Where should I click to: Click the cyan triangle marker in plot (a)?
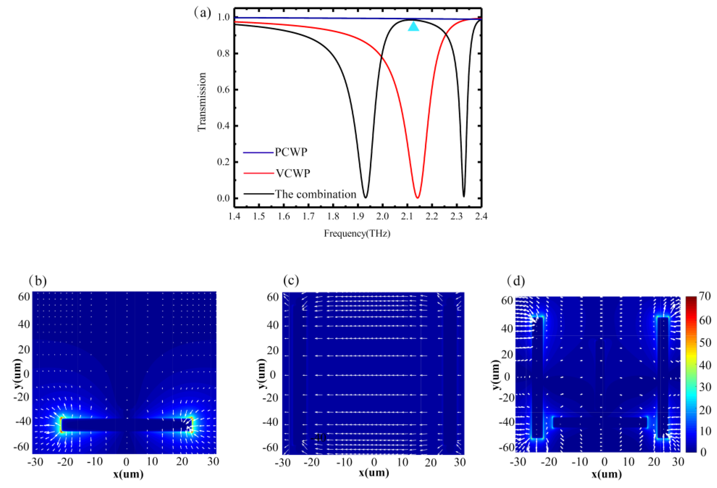414,26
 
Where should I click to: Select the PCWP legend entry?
291,152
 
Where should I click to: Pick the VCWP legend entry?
292,173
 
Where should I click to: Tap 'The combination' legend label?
315,194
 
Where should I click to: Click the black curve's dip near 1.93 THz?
365,197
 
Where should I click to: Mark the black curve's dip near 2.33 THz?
464,196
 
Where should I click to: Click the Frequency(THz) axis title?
357,234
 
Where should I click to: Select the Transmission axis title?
202,102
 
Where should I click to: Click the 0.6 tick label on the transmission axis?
223,90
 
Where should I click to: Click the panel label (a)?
203,13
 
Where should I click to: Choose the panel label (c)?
291,280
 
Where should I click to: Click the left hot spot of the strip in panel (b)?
61,425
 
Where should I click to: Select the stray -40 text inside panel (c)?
318,437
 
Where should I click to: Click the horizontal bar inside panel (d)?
600,423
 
